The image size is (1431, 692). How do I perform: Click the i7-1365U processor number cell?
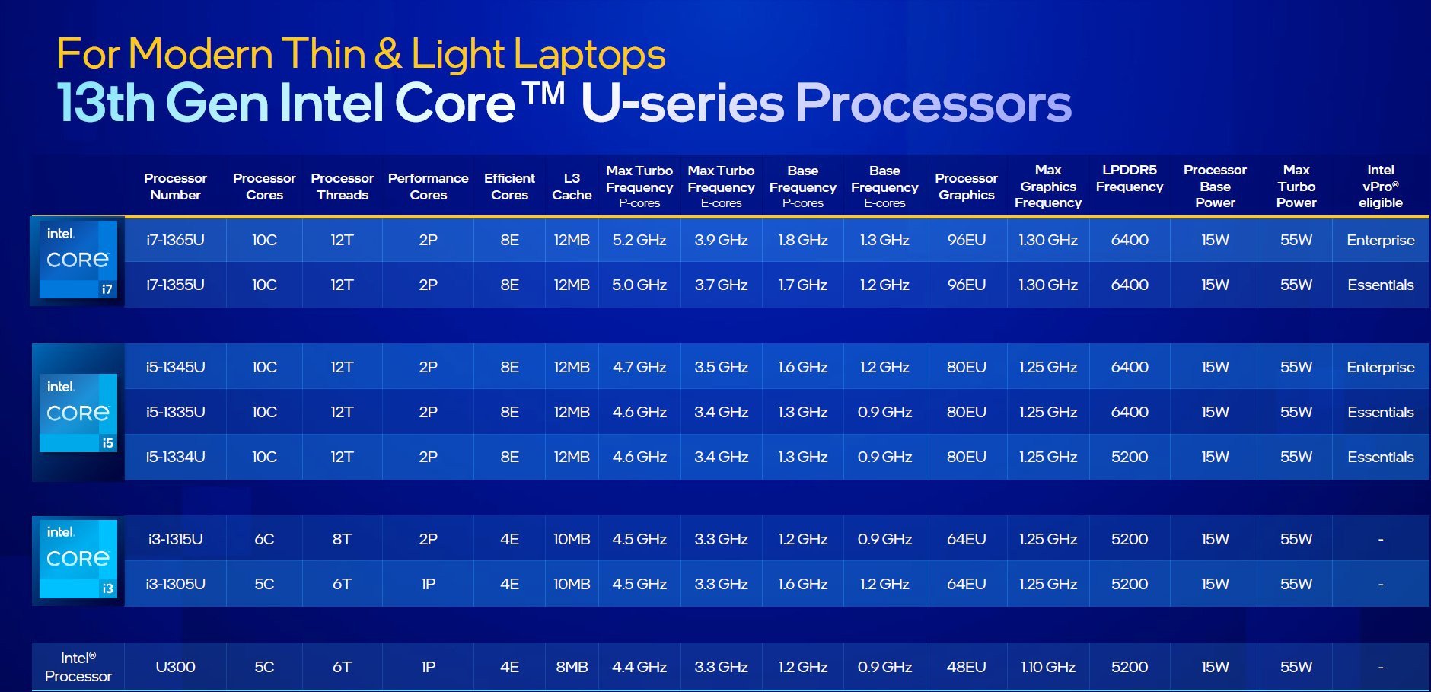coord(175,240)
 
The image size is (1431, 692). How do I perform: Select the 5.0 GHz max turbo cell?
coord(639,285)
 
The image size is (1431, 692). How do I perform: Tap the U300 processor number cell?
coord(175,667)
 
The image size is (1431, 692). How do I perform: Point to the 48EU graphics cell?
coord(966,667)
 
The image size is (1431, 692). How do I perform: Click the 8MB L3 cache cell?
coord(572,667)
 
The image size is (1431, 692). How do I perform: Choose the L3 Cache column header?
coord(572,187)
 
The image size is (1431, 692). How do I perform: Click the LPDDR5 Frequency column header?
coord(1130,178)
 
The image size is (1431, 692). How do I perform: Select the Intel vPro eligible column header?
coord(1380,187)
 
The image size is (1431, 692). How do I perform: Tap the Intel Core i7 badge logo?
coord(78,260)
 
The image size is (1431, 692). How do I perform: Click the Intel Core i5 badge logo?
coord(78,413)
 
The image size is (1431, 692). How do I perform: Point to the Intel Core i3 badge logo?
coord(78,559)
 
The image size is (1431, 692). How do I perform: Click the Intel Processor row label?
coord(78,667)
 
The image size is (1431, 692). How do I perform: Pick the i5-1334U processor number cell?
coord(175,457)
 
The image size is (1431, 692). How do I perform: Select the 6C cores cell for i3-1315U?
coord(264,539)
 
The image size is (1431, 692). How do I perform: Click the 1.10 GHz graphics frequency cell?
coord(1048,667)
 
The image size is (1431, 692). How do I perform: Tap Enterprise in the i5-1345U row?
coord(1380,367)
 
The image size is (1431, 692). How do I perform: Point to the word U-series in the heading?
coord(683,104)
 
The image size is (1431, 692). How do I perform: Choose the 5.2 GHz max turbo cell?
coord(639,240)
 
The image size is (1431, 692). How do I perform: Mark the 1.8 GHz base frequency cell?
coord(802,240)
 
